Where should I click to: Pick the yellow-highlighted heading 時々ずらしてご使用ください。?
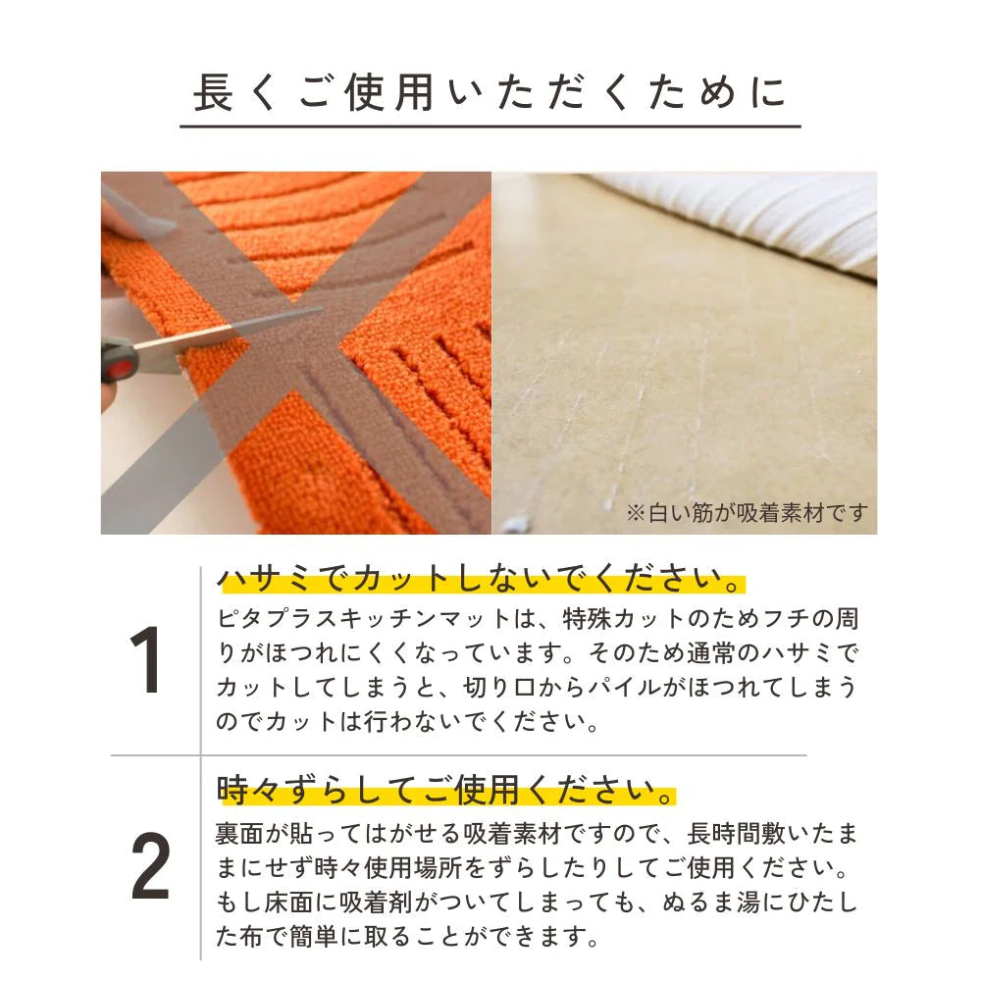(x=446, y=788)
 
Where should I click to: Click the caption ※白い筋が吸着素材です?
(x=748, y=513)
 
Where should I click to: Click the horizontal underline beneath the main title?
(x=490, y=127)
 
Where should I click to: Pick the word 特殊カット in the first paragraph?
(x=622, y=621)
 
